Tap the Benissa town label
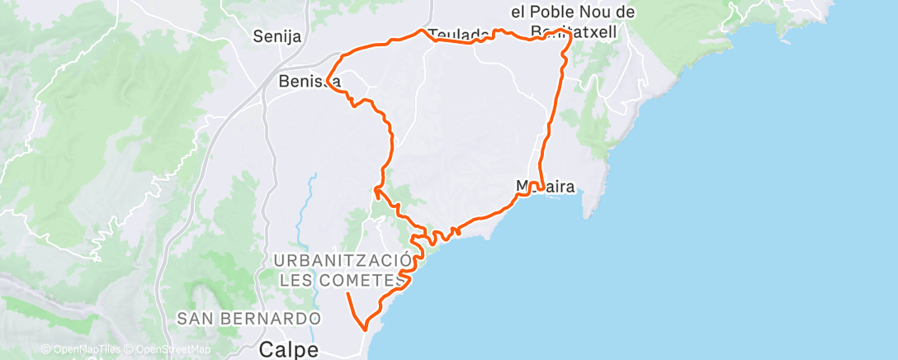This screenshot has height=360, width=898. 310,81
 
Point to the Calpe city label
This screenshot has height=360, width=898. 289,349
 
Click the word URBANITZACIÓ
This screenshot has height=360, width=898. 342,261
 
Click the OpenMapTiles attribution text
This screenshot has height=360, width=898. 80,350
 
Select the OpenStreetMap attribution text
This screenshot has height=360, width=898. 169,350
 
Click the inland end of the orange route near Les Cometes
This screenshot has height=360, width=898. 347,293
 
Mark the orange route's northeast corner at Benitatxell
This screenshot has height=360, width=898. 569,35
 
